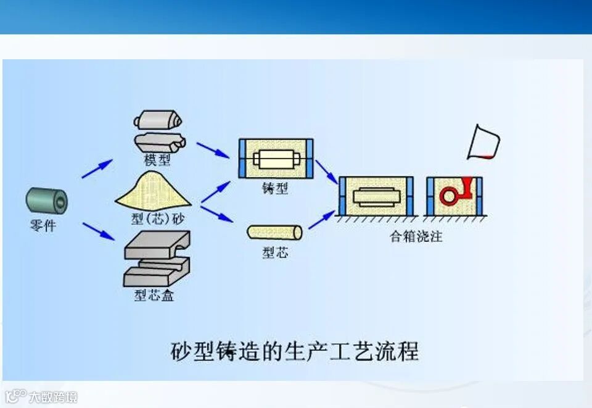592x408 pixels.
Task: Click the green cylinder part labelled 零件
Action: click(x=47, y=201)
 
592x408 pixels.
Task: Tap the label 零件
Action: click(x=43, y=226)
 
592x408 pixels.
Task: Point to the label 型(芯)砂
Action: click(x=157, y=219)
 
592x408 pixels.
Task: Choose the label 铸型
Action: click(x=274, y=189)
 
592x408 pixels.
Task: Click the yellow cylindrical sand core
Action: click(x=274, y=233)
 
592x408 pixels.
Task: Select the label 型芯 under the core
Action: click(x=274, y=252)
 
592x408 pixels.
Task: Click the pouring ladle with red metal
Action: click(x=483, y=143)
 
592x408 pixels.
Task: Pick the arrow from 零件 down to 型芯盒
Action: click(x=99, y=231)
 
